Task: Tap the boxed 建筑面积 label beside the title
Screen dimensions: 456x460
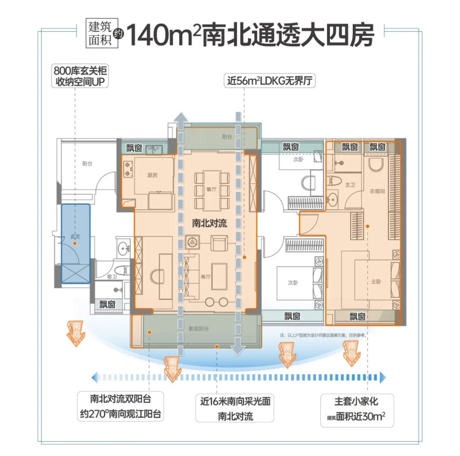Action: [99, 34]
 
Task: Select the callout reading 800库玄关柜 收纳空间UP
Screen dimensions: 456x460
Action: [80, 75]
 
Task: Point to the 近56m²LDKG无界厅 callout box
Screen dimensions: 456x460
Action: [270, 81]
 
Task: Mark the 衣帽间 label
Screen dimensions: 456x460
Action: [377, 192]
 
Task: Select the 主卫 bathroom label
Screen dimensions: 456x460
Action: [350, 185]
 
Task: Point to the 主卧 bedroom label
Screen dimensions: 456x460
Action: [376, 282]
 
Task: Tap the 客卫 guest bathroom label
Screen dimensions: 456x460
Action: [112, 277]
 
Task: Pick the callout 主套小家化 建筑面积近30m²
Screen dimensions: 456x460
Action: [356, 410]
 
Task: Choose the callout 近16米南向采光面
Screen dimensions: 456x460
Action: [236, 408]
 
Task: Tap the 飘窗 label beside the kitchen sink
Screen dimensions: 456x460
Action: [134, 148]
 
